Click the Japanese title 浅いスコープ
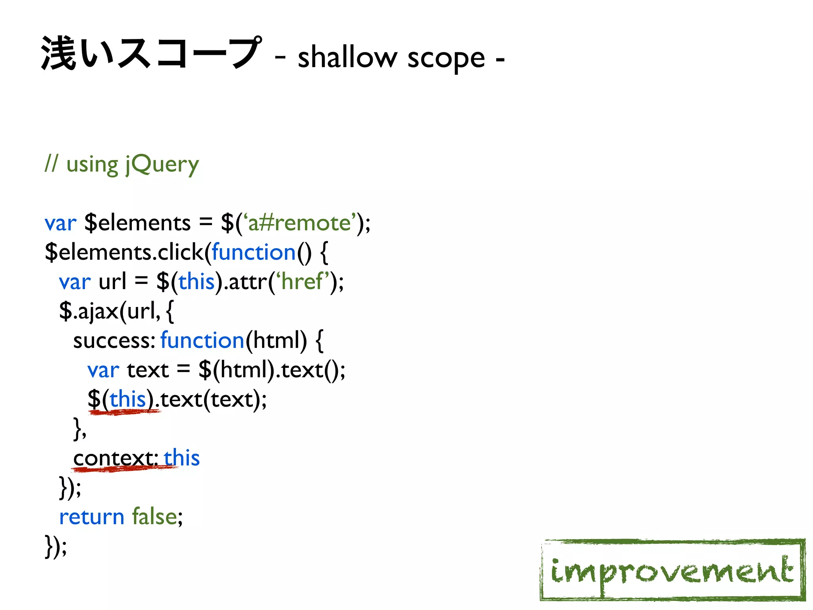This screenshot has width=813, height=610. [x=151, y=54]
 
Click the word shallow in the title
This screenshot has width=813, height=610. [x=347, y=58]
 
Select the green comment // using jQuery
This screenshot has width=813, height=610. [x=121, y=164]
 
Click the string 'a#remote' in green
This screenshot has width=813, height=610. [x=300, y=222]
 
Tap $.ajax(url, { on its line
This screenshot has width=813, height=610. [x=116, y=311]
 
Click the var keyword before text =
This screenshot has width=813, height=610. [x=103, y=370]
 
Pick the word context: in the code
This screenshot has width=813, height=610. [x=116, y=458]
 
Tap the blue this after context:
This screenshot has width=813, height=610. [x=181, y=458]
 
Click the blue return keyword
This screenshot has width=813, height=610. [x=92, y=517]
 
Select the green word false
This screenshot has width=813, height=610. [x=154, y=517]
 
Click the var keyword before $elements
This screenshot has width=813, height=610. [x=60, y=223]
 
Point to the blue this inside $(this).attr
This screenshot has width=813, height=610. [x=196, y=282]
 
